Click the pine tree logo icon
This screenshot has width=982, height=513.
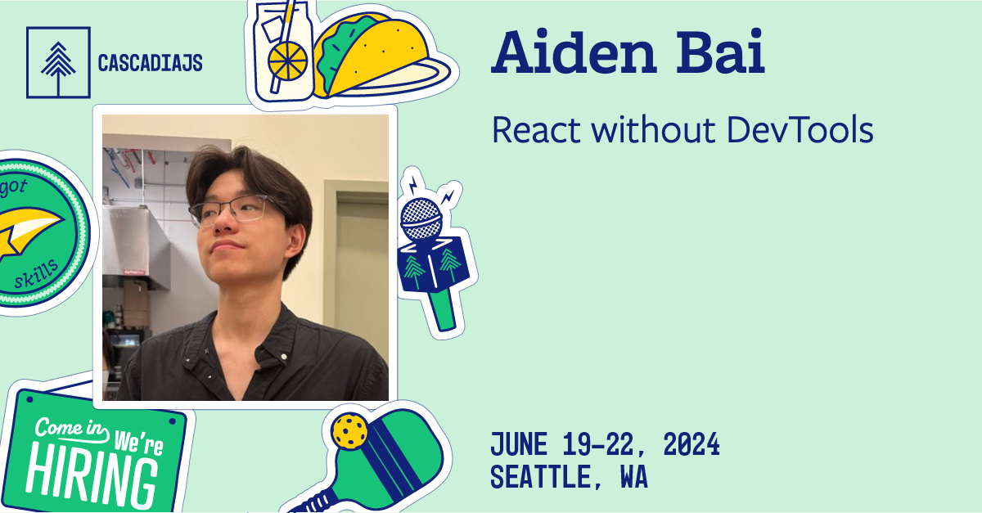pos(56,62)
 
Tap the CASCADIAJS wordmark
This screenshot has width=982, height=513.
pos(150,63)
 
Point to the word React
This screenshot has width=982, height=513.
pos(536,130)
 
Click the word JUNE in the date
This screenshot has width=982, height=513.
pos(521,446)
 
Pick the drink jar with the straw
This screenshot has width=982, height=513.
pos(282,51)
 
